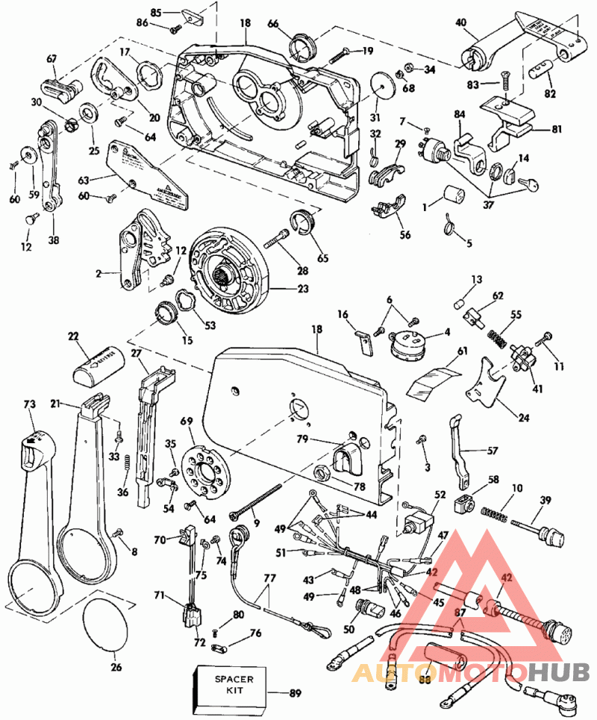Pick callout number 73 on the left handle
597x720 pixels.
point(30,404)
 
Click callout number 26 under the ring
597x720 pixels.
point(116,667)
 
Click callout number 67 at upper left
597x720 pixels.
point(51,59)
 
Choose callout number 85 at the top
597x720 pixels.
point(155,13)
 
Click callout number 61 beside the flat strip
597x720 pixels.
point(463,351)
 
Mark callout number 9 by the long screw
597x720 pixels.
point(257,523)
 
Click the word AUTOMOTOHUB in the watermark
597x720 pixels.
point(470,672)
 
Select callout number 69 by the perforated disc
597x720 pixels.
point(187,422)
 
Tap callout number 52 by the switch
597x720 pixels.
point(439,494)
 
